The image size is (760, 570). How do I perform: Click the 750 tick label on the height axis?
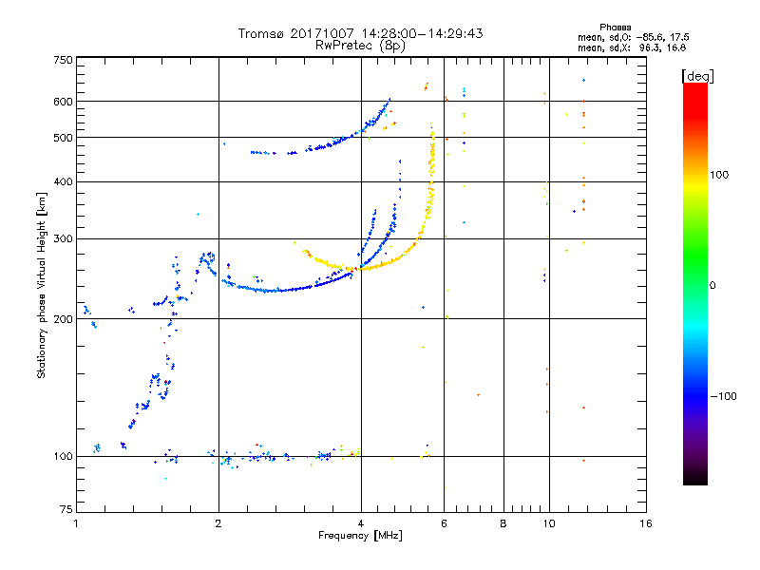63,60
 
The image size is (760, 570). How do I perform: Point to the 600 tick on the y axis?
63,102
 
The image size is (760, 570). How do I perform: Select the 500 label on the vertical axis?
63,138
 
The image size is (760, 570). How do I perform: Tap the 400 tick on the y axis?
63,182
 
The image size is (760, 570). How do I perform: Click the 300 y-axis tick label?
63,239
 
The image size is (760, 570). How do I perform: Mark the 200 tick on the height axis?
63,319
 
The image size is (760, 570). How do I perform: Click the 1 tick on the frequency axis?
76,523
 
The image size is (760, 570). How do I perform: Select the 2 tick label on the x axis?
218,523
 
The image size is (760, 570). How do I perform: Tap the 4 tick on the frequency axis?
361,523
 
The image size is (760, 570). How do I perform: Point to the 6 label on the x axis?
444,523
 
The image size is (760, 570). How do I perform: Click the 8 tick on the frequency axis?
503,523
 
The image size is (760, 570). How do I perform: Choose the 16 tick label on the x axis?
645,523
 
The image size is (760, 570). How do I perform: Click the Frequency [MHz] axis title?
361,536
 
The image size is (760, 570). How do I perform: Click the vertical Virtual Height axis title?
42,285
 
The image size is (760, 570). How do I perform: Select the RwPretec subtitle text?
344,45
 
